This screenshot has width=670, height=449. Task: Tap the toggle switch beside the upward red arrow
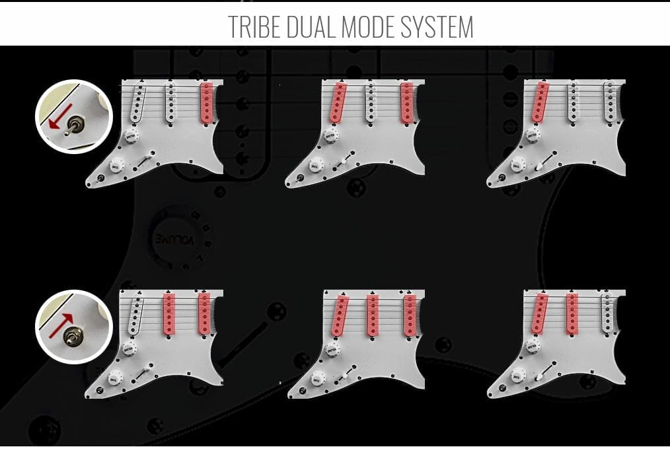click(x=70, y=337)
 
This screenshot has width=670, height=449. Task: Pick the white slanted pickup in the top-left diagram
click(x=138, y=102)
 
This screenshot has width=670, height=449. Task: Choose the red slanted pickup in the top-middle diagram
click(x=338, y=102)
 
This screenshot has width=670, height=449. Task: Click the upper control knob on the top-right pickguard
click(x=533, y=136)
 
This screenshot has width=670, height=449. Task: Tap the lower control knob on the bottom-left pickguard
click(x=115, y=378)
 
